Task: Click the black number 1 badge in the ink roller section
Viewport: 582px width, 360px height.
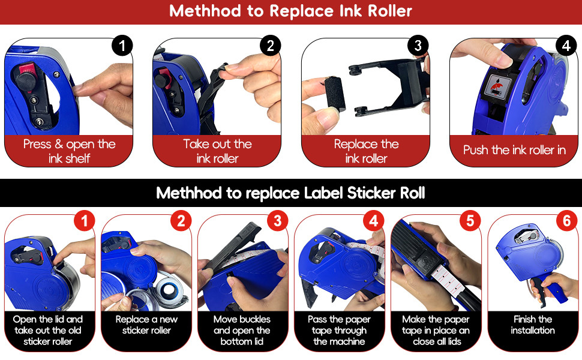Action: tap(122, 46)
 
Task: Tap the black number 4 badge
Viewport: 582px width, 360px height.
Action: tap(565, 46)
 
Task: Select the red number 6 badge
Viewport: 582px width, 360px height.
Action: tap(566, 221)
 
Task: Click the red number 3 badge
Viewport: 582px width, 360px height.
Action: tap(277, 221)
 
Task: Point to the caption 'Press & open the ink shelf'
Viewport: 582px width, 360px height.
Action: tap(69, 151)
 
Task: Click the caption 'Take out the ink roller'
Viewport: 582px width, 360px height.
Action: tap(217, 151)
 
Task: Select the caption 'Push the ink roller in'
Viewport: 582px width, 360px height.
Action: tap(514, 150)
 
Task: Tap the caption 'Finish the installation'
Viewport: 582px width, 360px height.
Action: tap(533, 325)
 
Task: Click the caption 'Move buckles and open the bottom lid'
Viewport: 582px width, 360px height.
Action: tap(242, 330)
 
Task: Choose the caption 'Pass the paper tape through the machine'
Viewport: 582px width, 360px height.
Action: tap(339, 330)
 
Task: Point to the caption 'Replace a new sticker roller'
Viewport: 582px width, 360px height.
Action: tap(146, 325)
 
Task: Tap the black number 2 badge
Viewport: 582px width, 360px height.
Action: tap(270, 46)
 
